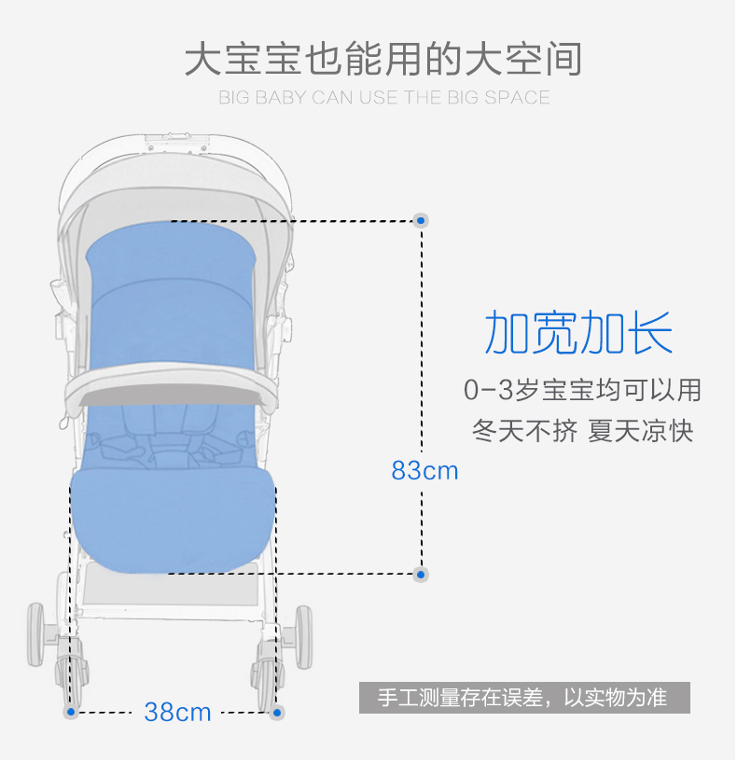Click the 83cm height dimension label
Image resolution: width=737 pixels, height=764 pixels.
pyautogui.click(x=424, y=470)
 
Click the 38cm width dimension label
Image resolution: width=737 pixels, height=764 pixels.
pyautogui.click(x=177, y=713)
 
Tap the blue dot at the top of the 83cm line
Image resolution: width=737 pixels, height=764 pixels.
pyautogui.click(x=421, y=221)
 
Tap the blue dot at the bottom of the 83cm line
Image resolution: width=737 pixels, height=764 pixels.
pyautogui.click(x=421, y=574)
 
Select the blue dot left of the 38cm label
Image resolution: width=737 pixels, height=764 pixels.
pyautogui.click(x=71, y=713)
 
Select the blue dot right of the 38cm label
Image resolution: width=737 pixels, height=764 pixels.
pyautogui.click(x=276, y=713)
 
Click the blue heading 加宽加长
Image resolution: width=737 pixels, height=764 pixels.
pyautogui.click(x=578, y=333)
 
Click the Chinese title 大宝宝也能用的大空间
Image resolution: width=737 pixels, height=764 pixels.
pyautogui.click(x=382, y=59)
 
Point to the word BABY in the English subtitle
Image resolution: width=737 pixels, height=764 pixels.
pyautogui.click(x=281, y=98)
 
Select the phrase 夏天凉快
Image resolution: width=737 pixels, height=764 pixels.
pyautogui.click(x=641, y=432)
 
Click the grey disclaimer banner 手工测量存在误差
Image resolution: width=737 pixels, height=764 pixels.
pyautogui.click(x=524, y=698)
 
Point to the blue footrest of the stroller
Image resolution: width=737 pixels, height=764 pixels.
pyautogui.click(x=173, y=519)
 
